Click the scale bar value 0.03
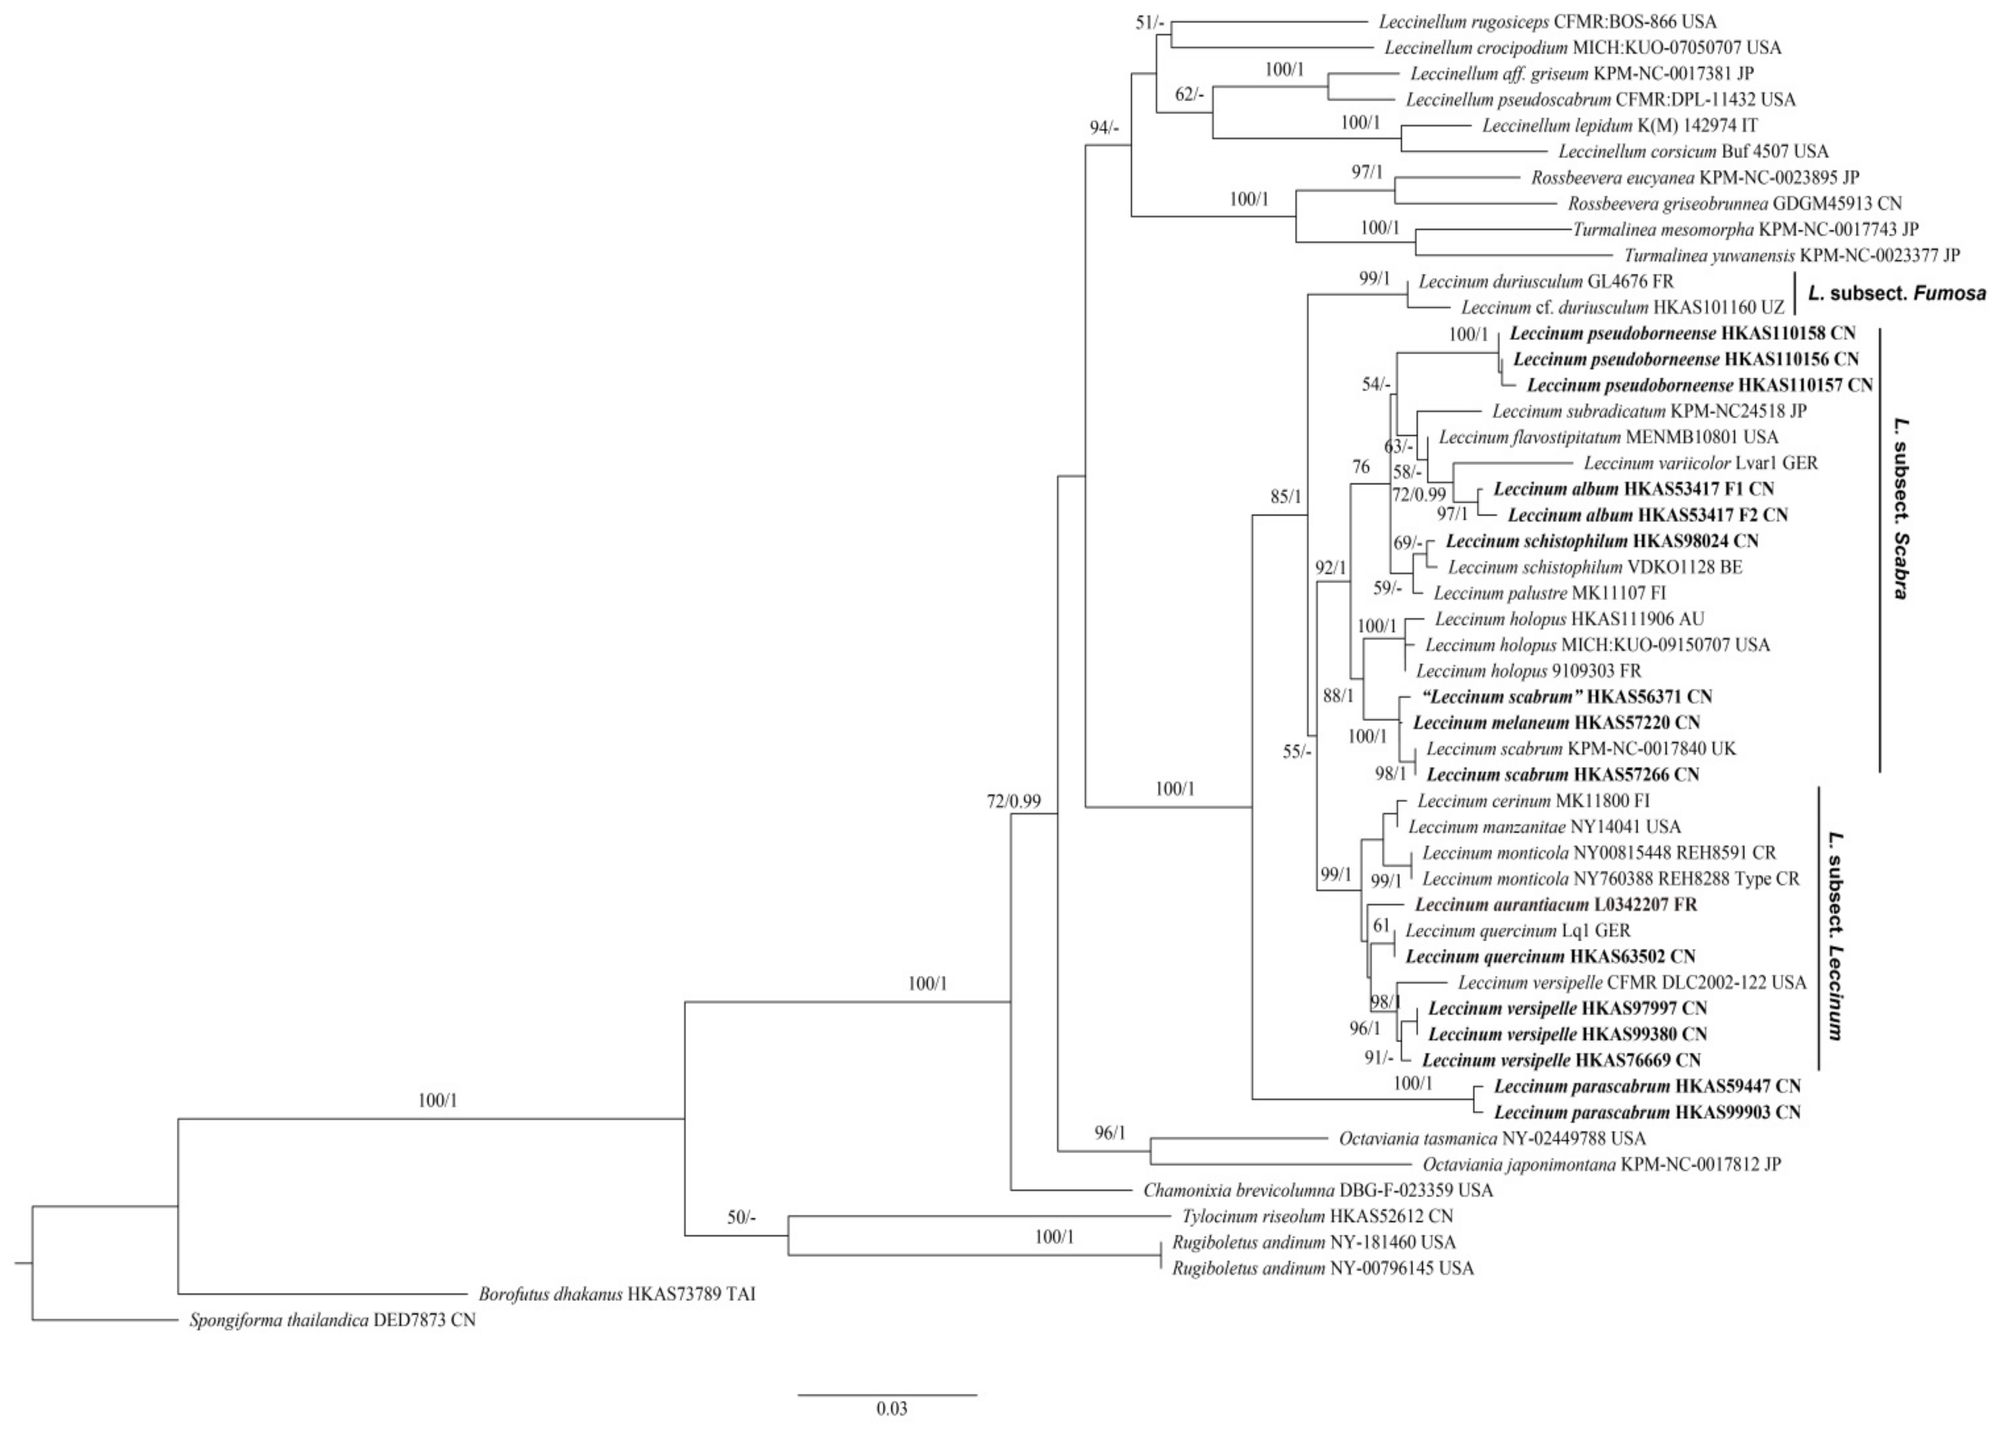tap(891, 1408)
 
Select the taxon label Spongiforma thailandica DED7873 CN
tap(332, 1321)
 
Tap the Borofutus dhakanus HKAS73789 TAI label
tap(616, 1294)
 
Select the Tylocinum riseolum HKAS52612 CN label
tap(1317, 1216)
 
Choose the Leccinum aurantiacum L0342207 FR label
tap(1556, 905)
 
